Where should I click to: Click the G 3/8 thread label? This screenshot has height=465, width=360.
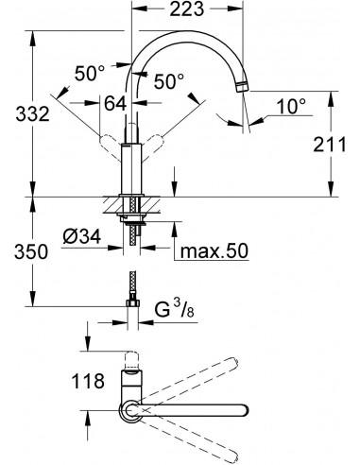point(175,309)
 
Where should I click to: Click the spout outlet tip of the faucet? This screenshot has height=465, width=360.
point(244,88)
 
